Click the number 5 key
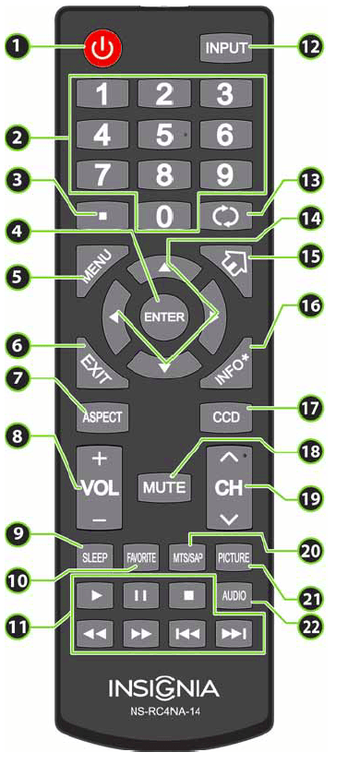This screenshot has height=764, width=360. click(163, 135)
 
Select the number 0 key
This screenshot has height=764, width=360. click(163, 218)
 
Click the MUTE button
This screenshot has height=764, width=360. click(163, 484)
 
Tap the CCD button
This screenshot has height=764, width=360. click(224, 416)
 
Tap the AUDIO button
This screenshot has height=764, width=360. click(233, 596)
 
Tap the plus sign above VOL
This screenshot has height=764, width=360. click(100, 458)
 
